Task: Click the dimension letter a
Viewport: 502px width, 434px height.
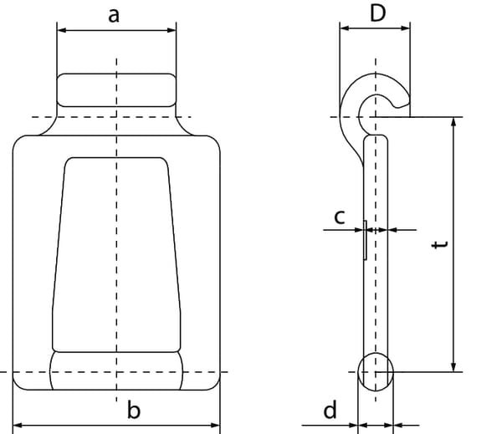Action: click(x=114, y=16)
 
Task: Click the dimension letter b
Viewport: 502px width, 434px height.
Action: click(x=134, y=410)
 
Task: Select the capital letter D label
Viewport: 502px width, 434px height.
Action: click(x=378, y=13)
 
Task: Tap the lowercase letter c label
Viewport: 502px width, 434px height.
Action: click(x=340, y=217)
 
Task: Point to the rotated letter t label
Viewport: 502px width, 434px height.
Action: click(x=439, y=244)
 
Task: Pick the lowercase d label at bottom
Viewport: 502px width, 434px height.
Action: click(x=330, y=410)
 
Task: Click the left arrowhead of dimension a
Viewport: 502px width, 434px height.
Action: click(x=61, y=30)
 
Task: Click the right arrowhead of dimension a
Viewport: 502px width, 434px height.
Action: click(x=172, y=30)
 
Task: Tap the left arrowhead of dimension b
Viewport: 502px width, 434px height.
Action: click(x=18, y=426)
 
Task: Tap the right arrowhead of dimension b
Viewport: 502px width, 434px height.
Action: click(x=216, y=426)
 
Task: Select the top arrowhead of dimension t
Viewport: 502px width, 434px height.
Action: click(x=453, y=122)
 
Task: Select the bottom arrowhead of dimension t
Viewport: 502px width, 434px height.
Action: click(x=453, y=367)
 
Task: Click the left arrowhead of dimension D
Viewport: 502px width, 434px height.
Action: click(x=344, y=28)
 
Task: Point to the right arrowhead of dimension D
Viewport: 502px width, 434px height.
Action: click(x=405, y=28)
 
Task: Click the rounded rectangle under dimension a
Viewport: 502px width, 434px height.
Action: click(x=116, y=90)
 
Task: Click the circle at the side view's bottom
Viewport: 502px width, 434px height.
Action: click(x=376, y=372)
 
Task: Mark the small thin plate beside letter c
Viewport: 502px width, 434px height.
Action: click(x=365, y=240)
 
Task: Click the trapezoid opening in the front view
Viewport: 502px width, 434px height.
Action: click(x=116, y=255)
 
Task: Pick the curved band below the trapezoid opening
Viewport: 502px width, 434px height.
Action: click(x=116, y=370)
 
